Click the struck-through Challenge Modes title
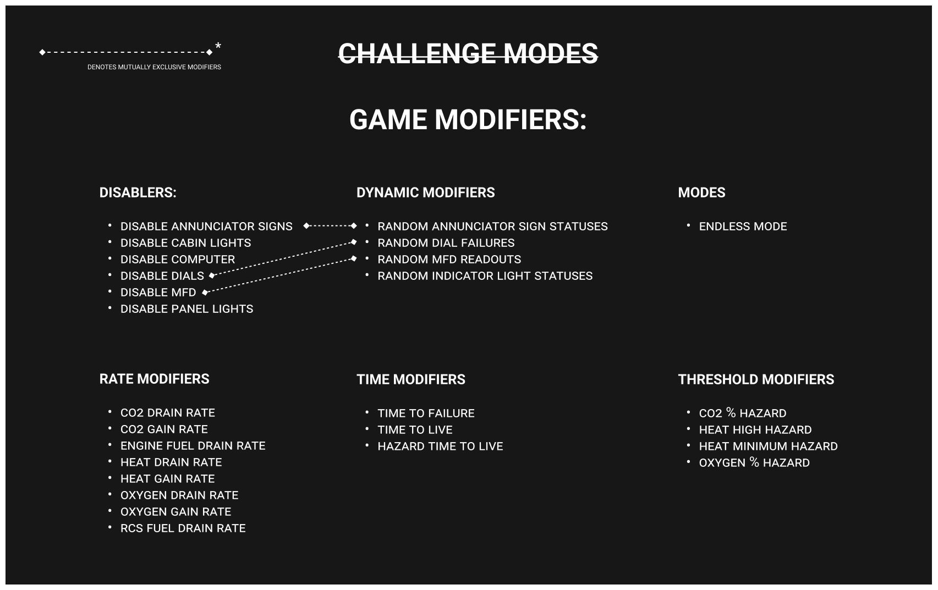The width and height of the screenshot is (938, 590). tap(468, 53)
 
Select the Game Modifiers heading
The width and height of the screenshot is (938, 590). tap(468, 120)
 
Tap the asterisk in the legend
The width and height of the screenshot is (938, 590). tap(218, 46)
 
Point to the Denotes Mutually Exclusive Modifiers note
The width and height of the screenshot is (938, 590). tap(154, 67)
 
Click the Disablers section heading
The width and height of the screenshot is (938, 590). tap(138, 192)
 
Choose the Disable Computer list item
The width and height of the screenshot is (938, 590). tap(178, 260)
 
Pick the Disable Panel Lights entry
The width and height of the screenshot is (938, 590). tap(186, 309)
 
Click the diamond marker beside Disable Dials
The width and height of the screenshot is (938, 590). tap(212, 275)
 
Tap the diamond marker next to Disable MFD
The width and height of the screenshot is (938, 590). tap(205, 293)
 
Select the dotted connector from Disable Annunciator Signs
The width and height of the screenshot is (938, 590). tap(330, 225)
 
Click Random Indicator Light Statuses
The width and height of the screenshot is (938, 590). tap(485, 275)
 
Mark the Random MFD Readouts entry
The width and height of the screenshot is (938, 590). tap(449, 260)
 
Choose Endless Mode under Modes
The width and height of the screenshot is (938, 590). tap(743, 227)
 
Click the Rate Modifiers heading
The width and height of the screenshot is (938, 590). tap(154, 379)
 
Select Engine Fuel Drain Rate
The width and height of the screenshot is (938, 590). tap(193, 445)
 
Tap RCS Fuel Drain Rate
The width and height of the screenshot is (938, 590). tap(183, 528)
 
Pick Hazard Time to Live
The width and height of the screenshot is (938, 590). tap(440, 446)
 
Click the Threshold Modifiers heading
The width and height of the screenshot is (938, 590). tap(756, 379)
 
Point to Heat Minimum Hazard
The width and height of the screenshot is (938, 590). tap(768, 446)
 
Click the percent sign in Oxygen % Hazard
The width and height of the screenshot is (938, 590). tap(754, 462)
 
